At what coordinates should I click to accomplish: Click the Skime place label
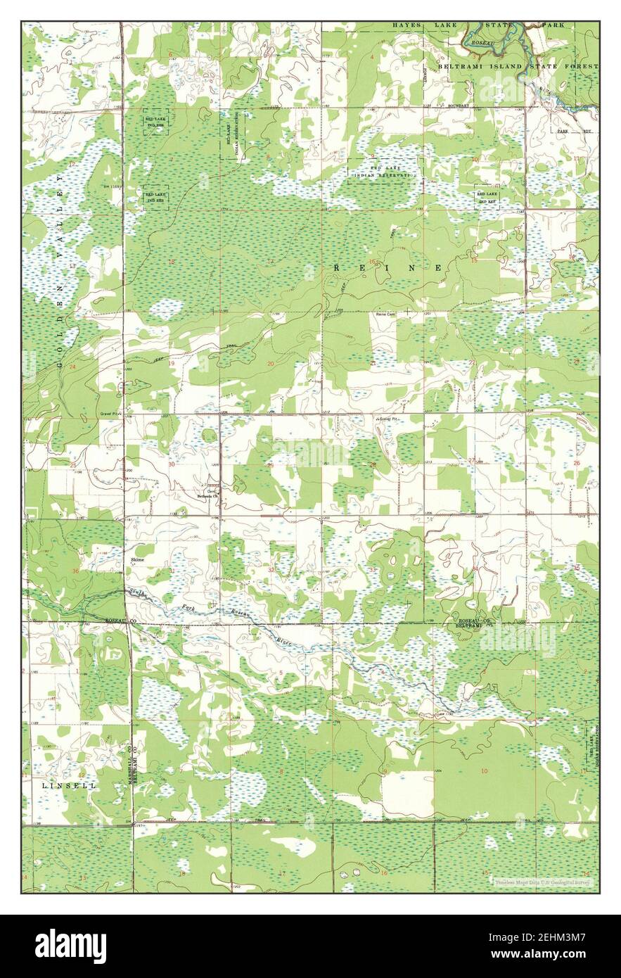point(137,559)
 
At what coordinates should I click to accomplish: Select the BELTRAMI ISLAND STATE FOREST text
point(518,66)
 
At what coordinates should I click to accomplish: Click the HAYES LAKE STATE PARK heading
point(482,25)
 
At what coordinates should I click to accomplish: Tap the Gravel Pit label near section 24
point(111,414)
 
